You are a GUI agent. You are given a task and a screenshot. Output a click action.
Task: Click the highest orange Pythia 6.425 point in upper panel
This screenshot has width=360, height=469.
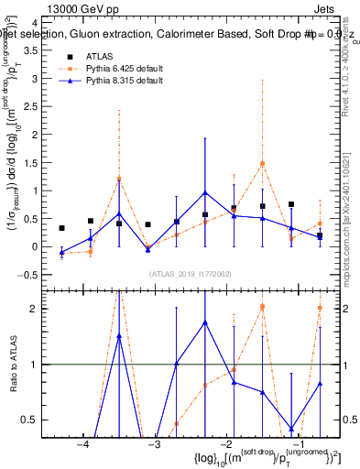pyautogui.click(x=262, y=164)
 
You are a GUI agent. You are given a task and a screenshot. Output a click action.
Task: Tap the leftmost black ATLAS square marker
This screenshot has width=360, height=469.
pyautogui.click(x=61, y=228)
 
